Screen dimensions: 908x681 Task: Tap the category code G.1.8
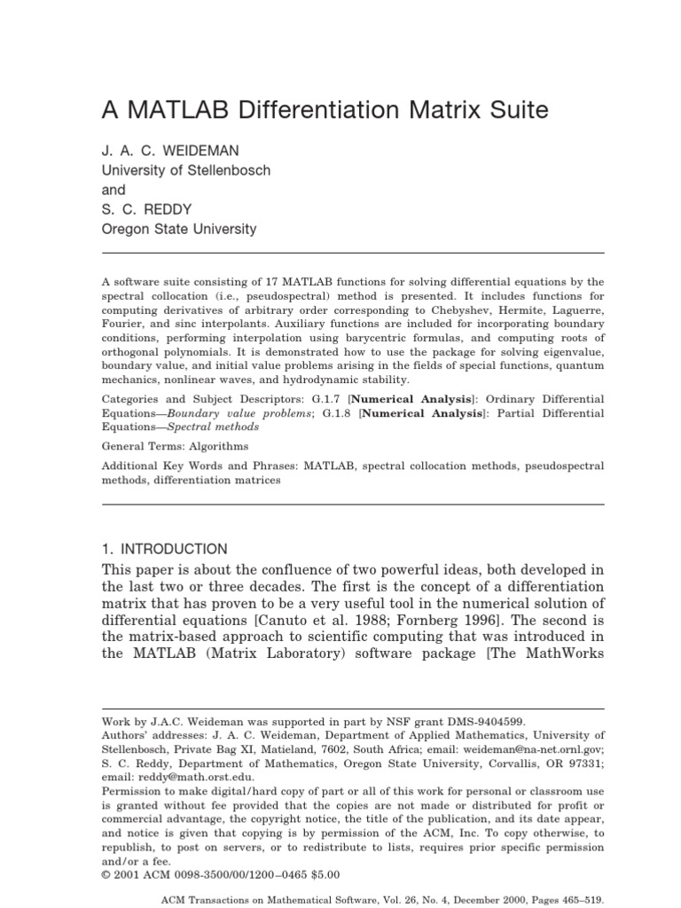[x=340, y=413]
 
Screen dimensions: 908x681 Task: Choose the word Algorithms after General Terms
[x=216, y=446]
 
